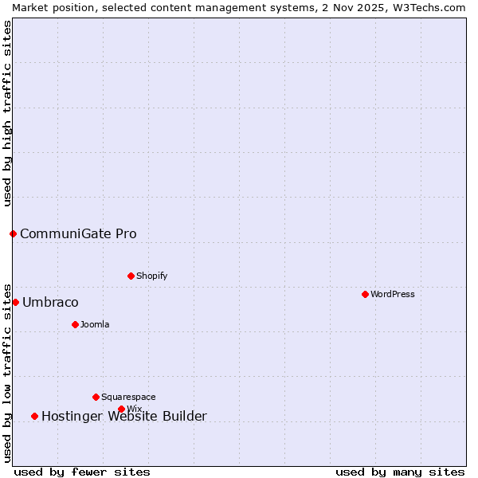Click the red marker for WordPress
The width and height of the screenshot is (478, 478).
tap(365, 294)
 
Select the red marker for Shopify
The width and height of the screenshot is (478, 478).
tap(131, 276)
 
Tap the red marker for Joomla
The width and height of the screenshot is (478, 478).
tap(75, 324)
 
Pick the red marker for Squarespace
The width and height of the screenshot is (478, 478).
tap(96, 397)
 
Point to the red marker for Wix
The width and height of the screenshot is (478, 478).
tap(121, 409)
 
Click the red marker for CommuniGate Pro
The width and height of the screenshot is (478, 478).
tap(13, 233)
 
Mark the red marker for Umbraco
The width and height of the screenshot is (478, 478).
tap(15, 302)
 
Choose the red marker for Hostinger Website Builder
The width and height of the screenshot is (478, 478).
tap(34, 416)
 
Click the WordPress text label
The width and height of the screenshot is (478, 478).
tap(393, 294)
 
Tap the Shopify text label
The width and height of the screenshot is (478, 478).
tap(151, 276)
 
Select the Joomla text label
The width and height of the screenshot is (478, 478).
tap(95, 324)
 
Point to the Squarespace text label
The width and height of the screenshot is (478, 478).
tap(128, 397)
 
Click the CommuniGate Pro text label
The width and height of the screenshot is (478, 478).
tap(78, 233)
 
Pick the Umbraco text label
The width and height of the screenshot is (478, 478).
tap(50, 302)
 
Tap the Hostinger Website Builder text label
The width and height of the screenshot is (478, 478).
tap(123, 416)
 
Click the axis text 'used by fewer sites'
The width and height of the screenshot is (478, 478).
tap(82, 472)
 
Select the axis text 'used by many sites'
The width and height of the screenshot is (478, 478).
tap(400, 472)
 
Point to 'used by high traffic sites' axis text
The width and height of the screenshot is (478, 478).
tap(7, 113)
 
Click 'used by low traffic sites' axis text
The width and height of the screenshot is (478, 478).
tap(7, 372)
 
